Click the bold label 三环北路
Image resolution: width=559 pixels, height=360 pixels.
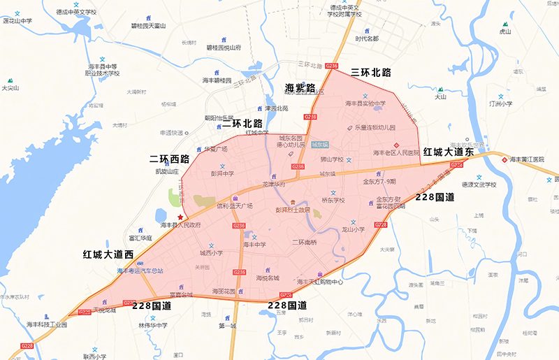pos(370,72)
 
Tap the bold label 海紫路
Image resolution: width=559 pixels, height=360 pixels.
pos(300,88)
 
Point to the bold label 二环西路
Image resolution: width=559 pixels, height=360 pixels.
pos(170,159)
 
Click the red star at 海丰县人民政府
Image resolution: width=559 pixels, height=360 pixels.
pos(180,217)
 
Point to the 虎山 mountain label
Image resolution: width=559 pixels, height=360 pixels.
pos(505,31)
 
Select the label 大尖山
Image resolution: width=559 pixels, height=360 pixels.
pos(10,88)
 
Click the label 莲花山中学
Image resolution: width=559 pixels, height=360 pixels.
pos(18,21)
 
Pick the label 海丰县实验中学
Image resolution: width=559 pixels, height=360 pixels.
pos(365,103)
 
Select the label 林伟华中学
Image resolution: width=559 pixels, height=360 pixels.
pos(152,325)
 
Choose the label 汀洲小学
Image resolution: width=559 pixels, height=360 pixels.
pos(501,103)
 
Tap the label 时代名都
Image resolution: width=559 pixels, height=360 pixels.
pos(367,38)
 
